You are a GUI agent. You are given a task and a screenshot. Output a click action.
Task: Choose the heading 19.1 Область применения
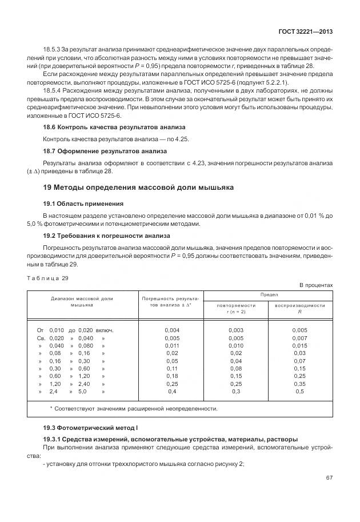click(83, 204)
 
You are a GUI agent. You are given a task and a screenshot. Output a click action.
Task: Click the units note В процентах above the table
click(316, 285)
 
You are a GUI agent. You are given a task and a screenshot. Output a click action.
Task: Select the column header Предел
click(269, 294)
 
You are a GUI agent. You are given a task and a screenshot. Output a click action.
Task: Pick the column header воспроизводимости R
click(299, 308)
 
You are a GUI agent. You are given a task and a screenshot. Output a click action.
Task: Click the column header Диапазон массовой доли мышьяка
click(82, 302)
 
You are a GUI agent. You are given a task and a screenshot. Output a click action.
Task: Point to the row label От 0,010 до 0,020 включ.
click(75, 330)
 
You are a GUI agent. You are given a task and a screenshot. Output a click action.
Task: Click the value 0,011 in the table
click(171, 345)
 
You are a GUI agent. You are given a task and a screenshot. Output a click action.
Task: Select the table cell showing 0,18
click(171, 376)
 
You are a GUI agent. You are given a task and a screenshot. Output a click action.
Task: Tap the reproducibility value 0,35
click(299, 384)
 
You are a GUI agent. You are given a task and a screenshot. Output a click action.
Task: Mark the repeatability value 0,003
click(235, 330)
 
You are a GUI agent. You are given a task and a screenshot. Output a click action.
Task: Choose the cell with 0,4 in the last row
click(171, 392)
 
